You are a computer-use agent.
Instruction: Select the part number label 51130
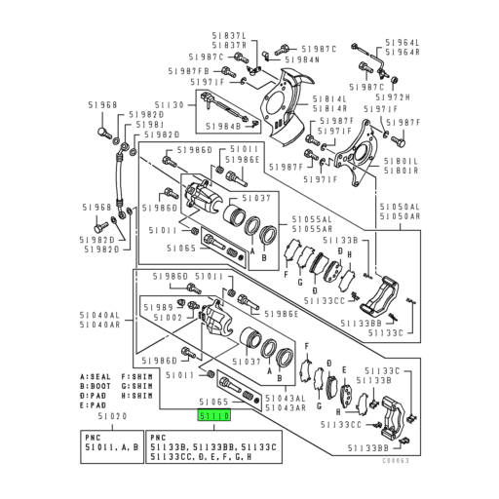point(170,104)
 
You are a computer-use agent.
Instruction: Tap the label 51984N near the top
point(302,59)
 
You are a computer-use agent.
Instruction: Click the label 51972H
point(396,97)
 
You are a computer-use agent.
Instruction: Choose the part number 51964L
point(401,43)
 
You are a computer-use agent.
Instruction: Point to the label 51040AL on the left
point(100,316)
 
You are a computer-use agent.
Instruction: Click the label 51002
point(167,318)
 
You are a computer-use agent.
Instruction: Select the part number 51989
point(159,306)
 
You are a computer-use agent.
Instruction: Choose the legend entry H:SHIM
point(138,398)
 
